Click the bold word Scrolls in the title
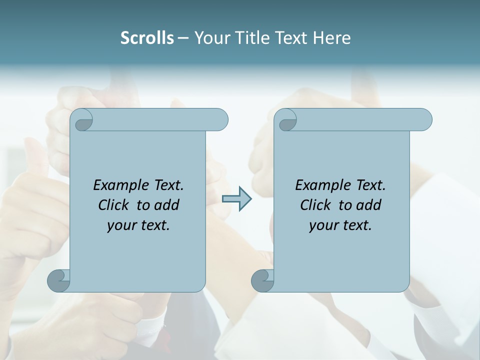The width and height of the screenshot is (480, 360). coord(147,38)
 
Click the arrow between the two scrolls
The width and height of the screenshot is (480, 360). coord(236,199)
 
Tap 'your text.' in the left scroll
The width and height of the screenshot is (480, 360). coord(138,225)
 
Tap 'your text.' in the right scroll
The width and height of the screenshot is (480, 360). coord(340,225)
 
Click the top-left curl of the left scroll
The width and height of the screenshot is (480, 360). coord(81,121)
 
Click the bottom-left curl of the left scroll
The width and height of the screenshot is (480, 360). coord(58,280)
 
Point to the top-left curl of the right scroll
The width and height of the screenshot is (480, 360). coord(285,121)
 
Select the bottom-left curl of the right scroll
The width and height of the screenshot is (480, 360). coord(262,280)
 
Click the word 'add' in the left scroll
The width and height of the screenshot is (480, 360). coord(166,205)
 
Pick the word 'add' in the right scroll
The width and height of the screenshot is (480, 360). coord(368,205)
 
